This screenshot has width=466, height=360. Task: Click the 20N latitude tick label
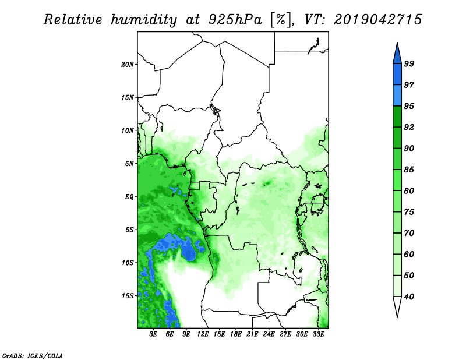[x=128, y=65]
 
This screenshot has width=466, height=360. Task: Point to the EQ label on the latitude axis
[x=129, y=197]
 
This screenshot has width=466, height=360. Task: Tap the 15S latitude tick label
[x=128, y=296]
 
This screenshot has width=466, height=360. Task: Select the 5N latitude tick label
[x=129, y=164]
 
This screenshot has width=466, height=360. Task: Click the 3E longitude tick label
[x=153, y=334]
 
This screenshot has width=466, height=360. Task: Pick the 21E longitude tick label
[x=252, y=334]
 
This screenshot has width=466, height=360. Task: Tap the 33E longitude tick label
[x=318, y=334]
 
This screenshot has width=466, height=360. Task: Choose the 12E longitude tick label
[x=203, y=334]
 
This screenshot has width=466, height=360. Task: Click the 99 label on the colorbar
[x=409, y=63]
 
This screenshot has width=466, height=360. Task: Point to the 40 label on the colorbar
[x=409, y=297]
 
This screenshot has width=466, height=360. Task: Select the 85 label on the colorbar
[x=409, y=170]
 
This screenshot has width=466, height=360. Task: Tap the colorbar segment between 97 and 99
[x=397, y=75]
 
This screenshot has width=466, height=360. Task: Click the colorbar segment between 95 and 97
[x=397, y=96]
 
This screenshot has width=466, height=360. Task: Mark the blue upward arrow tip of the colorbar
[x=397, y=43]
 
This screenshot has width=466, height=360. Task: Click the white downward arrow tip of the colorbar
[x=397, y=317]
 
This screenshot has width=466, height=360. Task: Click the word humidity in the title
[x=144, y=20]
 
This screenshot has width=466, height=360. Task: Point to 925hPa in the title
[x=235, y=20]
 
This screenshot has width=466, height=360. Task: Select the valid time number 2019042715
[x=377, y=20]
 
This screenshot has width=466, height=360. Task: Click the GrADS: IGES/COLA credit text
[x=33, y=355]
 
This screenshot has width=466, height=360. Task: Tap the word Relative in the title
[x=73, y=20]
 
